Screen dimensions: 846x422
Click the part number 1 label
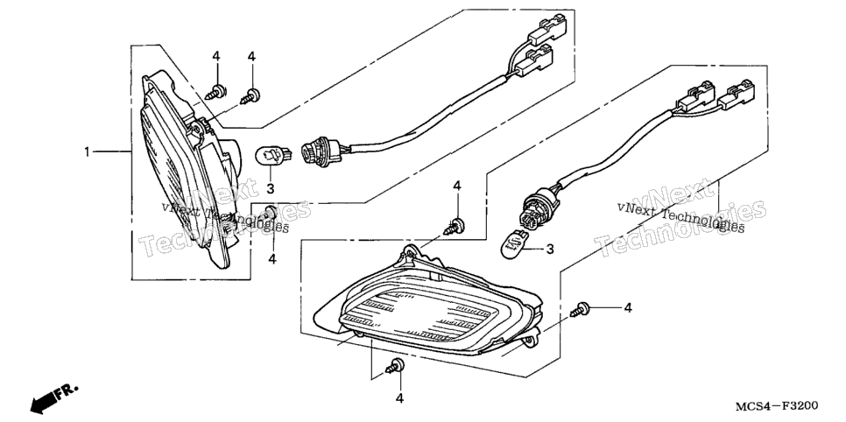click(87, 152)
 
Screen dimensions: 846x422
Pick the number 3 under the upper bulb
click(271, 188)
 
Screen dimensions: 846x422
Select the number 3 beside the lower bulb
click(550, 249)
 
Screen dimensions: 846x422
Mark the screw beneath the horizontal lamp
click(396, 367)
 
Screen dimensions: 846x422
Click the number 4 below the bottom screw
click(399, 398)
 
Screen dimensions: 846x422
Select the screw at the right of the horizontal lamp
click(580, 309)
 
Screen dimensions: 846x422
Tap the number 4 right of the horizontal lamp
click(627, 307)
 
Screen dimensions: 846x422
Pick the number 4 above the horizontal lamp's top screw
click(457, 186)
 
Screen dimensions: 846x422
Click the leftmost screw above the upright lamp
click(216, 91)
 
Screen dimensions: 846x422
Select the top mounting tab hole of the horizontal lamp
click(411, 251)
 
